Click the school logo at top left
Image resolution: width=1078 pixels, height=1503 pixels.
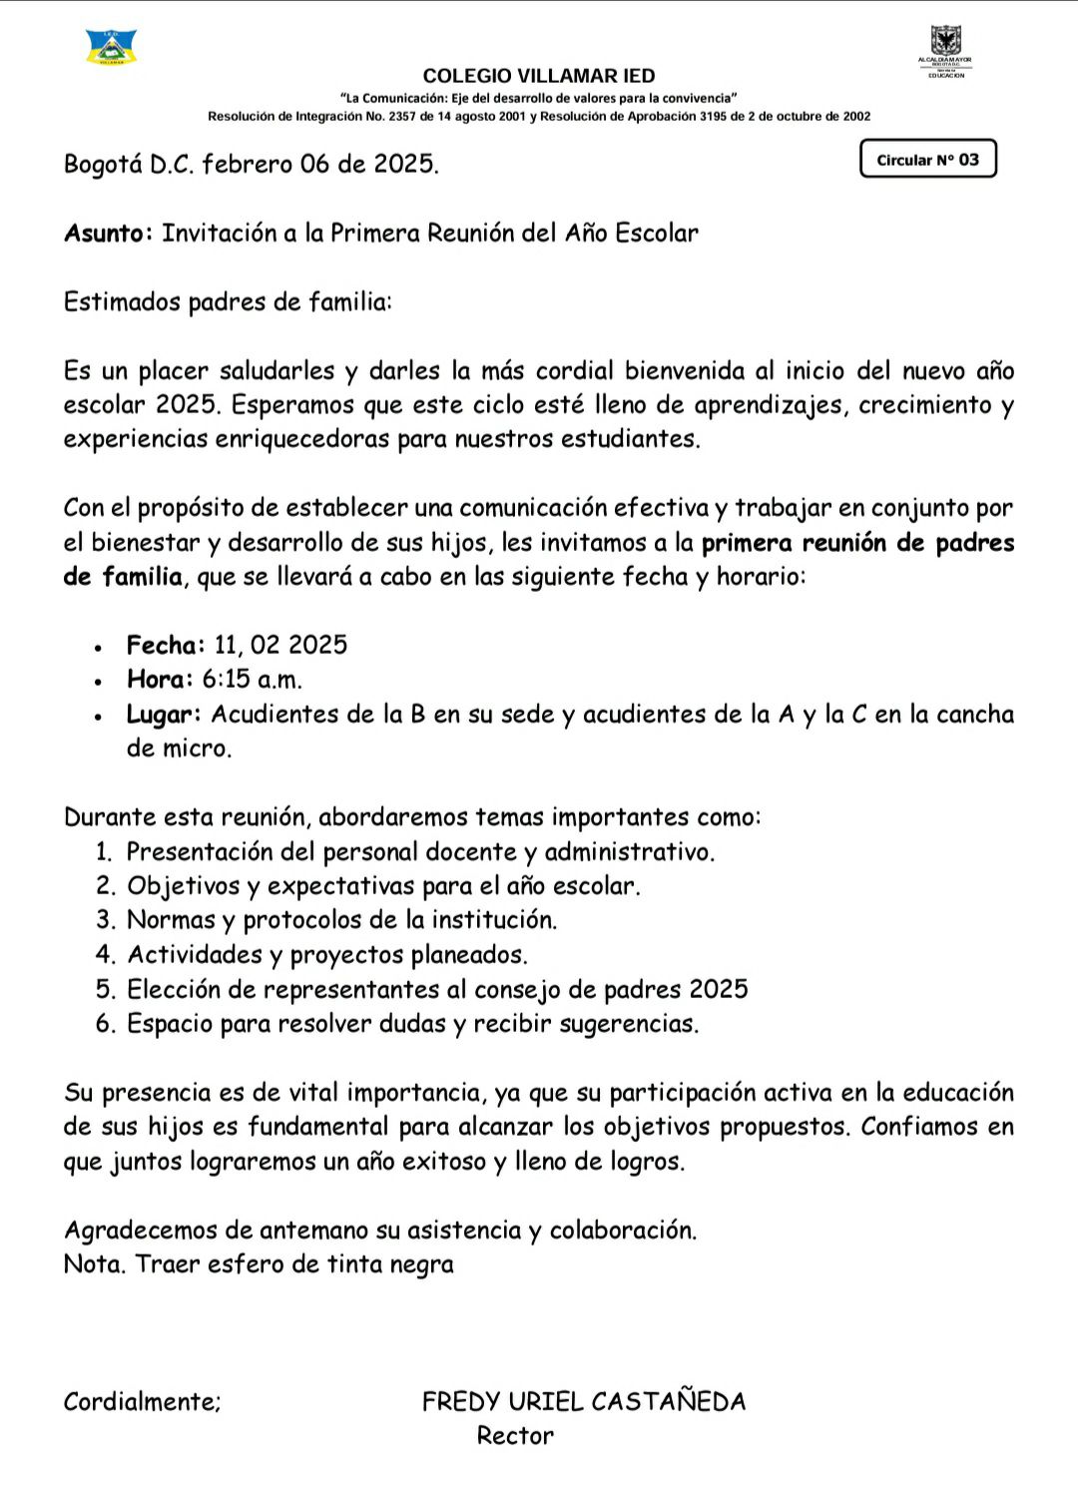[112, 47]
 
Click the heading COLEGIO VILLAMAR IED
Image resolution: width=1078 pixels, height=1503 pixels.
[539, 76]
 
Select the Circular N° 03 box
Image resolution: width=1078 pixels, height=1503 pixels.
[928, 159]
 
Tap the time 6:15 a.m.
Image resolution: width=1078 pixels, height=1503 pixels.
[252, 680]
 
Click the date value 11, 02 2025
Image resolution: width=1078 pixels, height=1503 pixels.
[280, 645]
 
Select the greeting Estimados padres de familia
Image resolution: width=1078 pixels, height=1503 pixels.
[228, 301]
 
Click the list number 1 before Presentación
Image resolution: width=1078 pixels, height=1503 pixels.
[103, 852]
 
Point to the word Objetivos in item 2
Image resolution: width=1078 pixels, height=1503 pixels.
[184, 886]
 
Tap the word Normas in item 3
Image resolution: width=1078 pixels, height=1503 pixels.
[171, 920]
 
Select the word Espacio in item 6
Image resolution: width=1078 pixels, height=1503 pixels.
[170, 1024]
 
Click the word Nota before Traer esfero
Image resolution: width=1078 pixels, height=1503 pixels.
[95, 1264]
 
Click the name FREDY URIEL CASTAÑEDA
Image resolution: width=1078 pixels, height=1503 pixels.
[584, 1402]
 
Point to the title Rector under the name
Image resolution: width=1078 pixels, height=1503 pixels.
[515, 1436]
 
